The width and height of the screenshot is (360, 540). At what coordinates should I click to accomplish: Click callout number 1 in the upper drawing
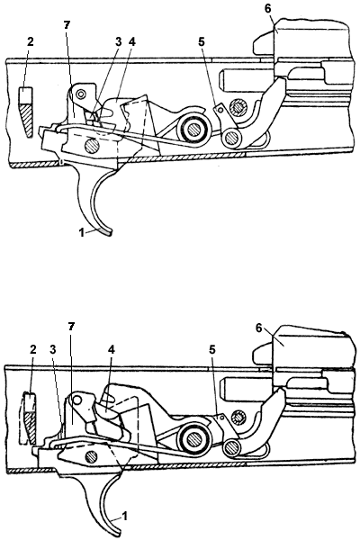point(82,232)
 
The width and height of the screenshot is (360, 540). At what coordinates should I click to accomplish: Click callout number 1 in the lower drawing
point(125,516)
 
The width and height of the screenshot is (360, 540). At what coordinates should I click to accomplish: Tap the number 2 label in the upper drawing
point(31,42)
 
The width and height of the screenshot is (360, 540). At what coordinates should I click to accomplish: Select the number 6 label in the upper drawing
point(268,9)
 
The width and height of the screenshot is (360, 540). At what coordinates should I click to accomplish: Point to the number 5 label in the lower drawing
point(211,350)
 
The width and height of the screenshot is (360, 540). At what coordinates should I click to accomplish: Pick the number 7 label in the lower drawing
point(72,327)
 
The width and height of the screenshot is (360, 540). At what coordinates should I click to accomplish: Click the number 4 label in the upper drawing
point(132,42)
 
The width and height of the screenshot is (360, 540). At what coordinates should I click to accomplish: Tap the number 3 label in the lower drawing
point(52,350)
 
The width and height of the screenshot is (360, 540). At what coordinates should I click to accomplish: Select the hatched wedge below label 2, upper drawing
point(26,121)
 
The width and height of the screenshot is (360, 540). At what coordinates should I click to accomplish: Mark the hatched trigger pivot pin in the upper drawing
point(92,146)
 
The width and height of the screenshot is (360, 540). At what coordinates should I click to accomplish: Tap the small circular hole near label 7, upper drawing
point(81,94)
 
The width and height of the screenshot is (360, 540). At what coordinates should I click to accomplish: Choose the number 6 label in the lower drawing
point(258,328)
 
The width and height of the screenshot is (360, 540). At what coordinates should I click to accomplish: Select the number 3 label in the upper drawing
point(118,42)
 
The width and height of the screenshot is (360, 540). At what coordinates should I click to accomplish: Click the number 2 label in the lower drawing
point(32,350)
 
